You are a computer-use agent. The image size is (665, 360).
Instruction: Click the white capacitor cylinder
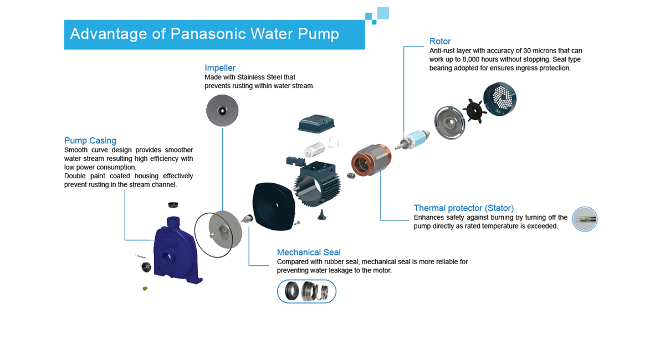coord(315,148)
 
